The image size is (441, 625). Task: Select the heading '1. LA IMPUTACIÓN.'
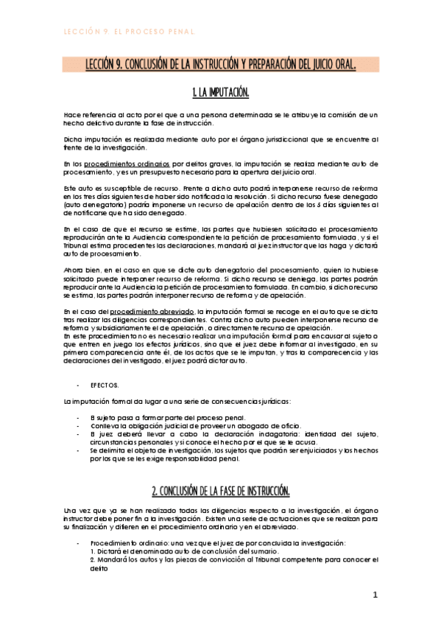[x=220, y=93]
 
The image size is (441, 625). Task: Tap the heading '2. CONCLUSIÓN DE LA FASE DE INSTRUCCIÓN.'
[x=220, y=490]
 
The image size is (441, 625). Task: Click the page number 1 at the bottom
[x=375, y=593]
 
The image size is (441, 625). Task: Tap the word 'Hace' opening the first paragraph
[x=72, y=115]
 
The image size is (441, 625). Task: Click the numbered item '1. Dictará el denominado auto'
[x=166, y=551]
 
